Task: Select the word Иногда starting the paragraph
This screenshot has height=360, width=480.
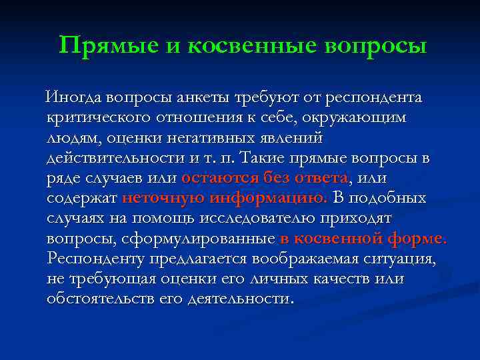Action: [72, 98]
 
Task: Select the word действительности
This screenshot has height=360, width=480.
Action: [114, 158]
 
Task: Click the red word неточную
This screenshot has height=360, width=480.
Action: [163, 198]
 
